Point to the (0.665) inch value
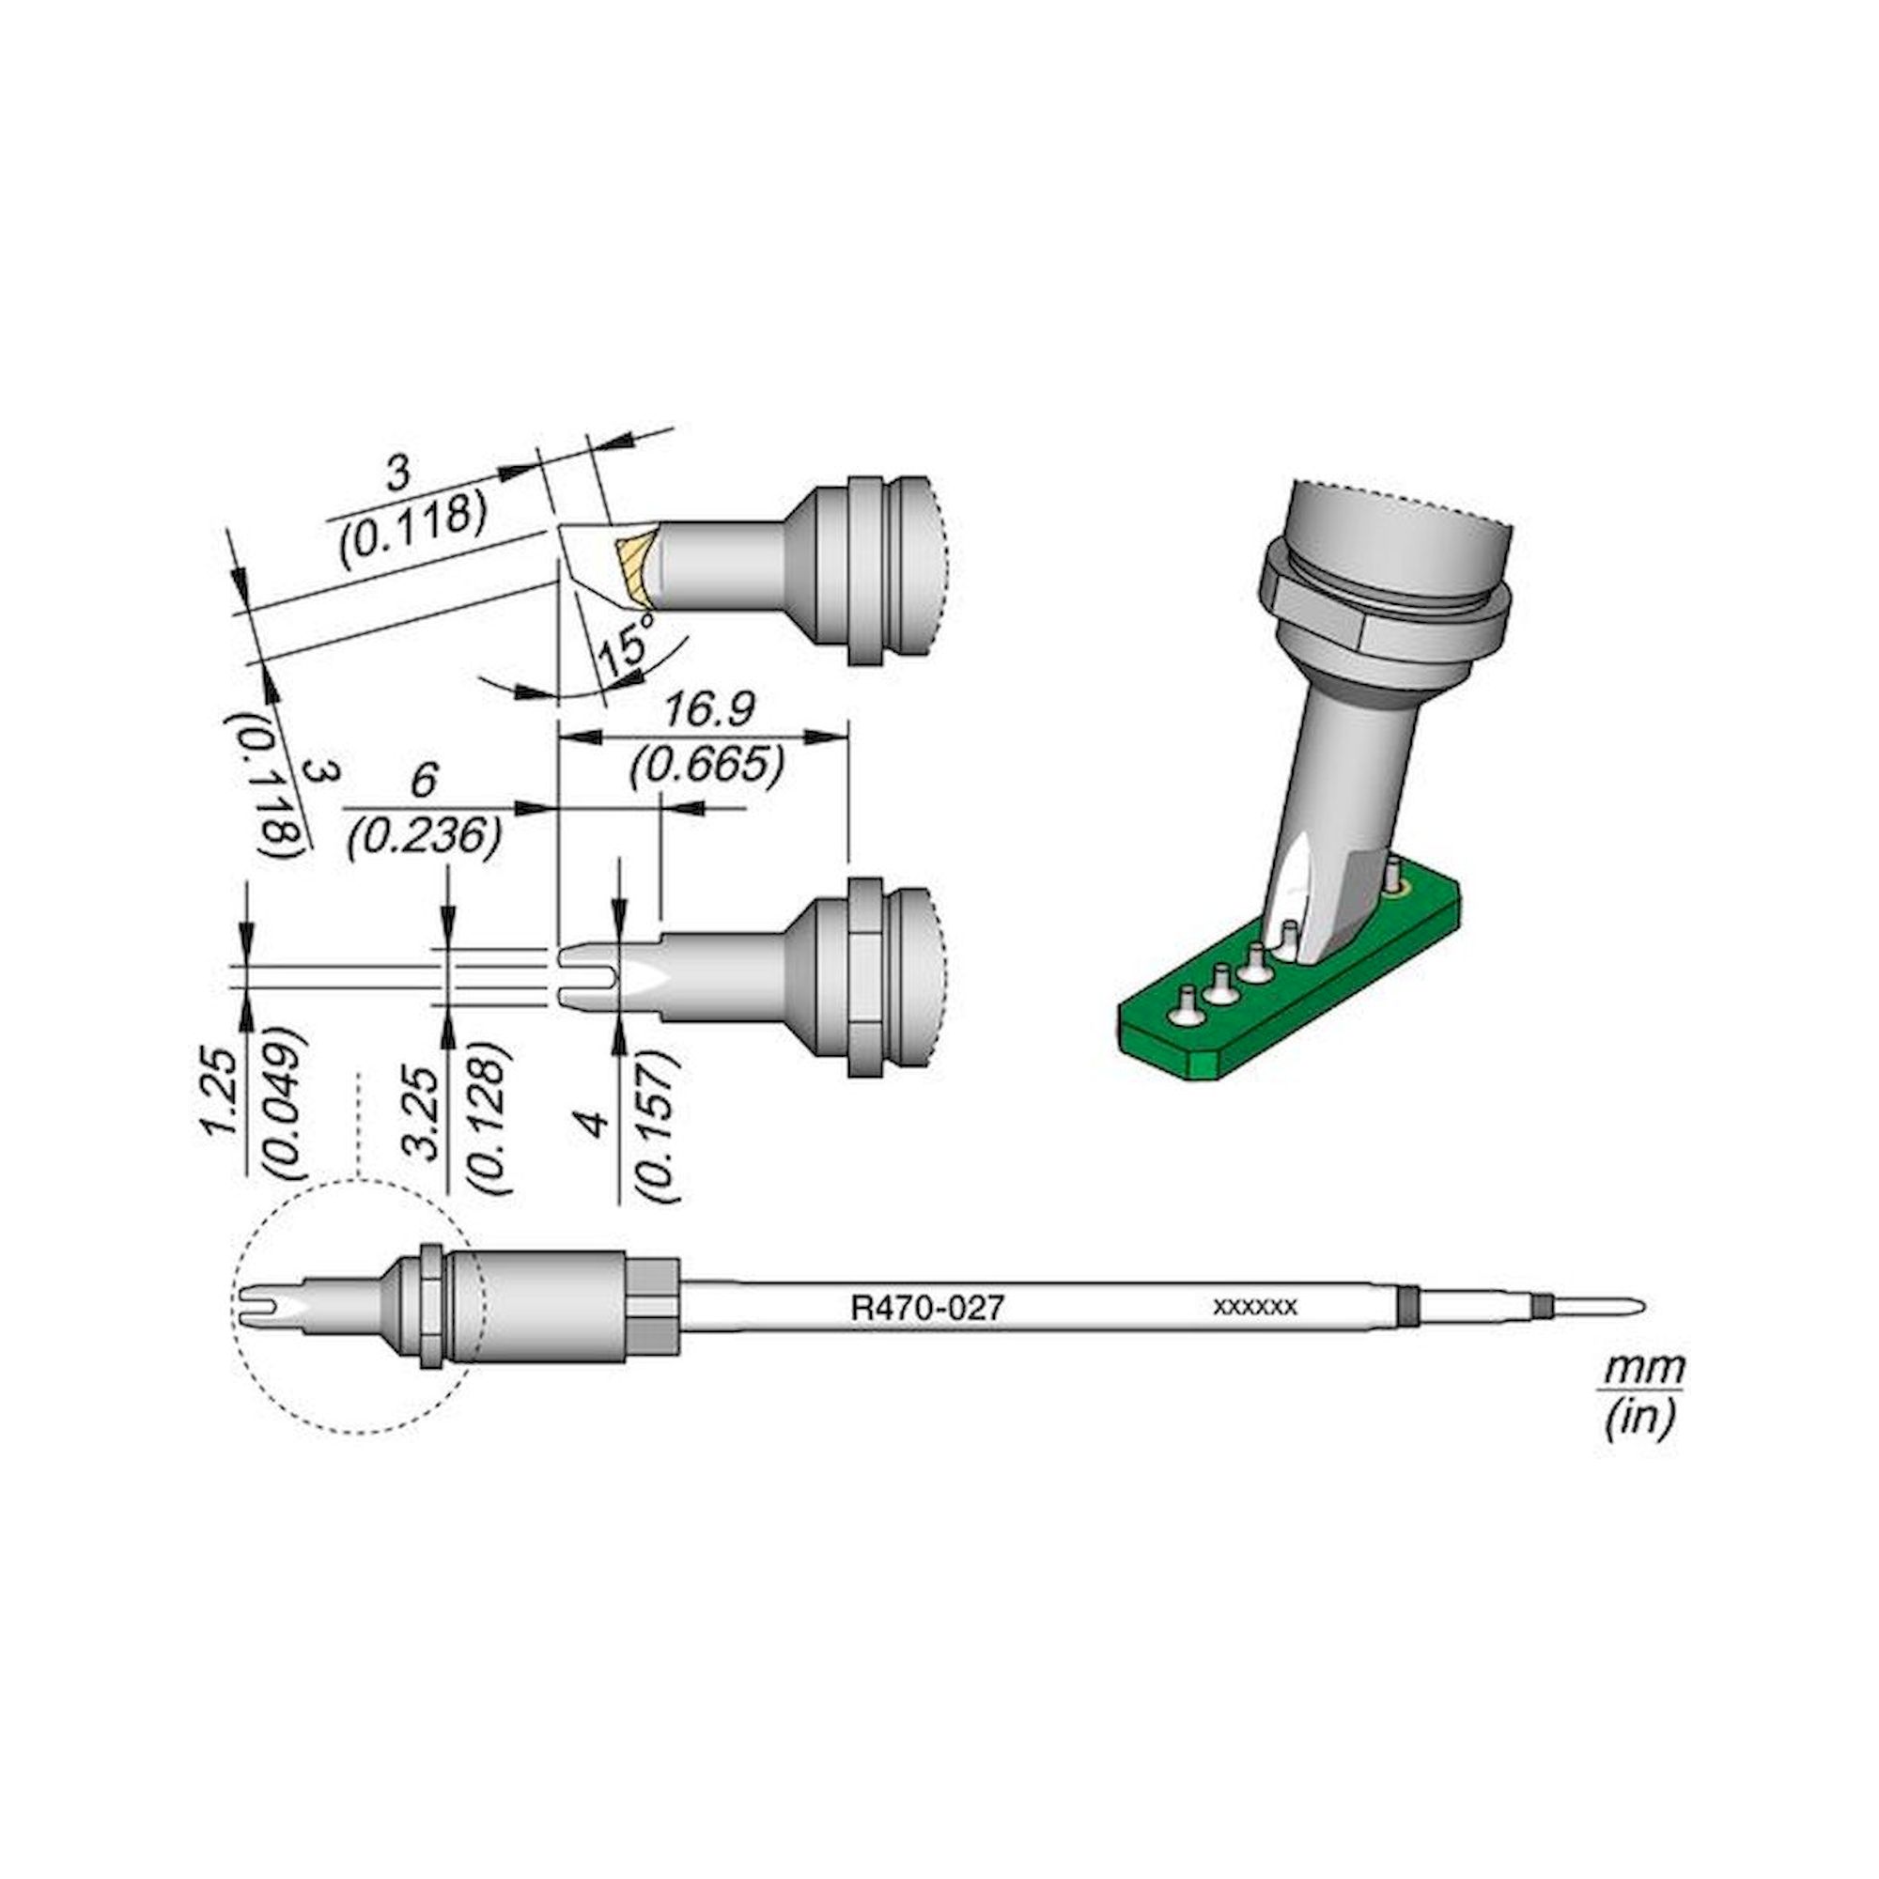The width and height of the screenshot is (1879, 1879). point(707,768)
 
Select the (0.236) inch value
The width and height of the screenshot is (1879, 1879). point(425,835)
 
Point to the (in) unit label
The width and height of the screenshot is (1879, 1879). point(1640,1419)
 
